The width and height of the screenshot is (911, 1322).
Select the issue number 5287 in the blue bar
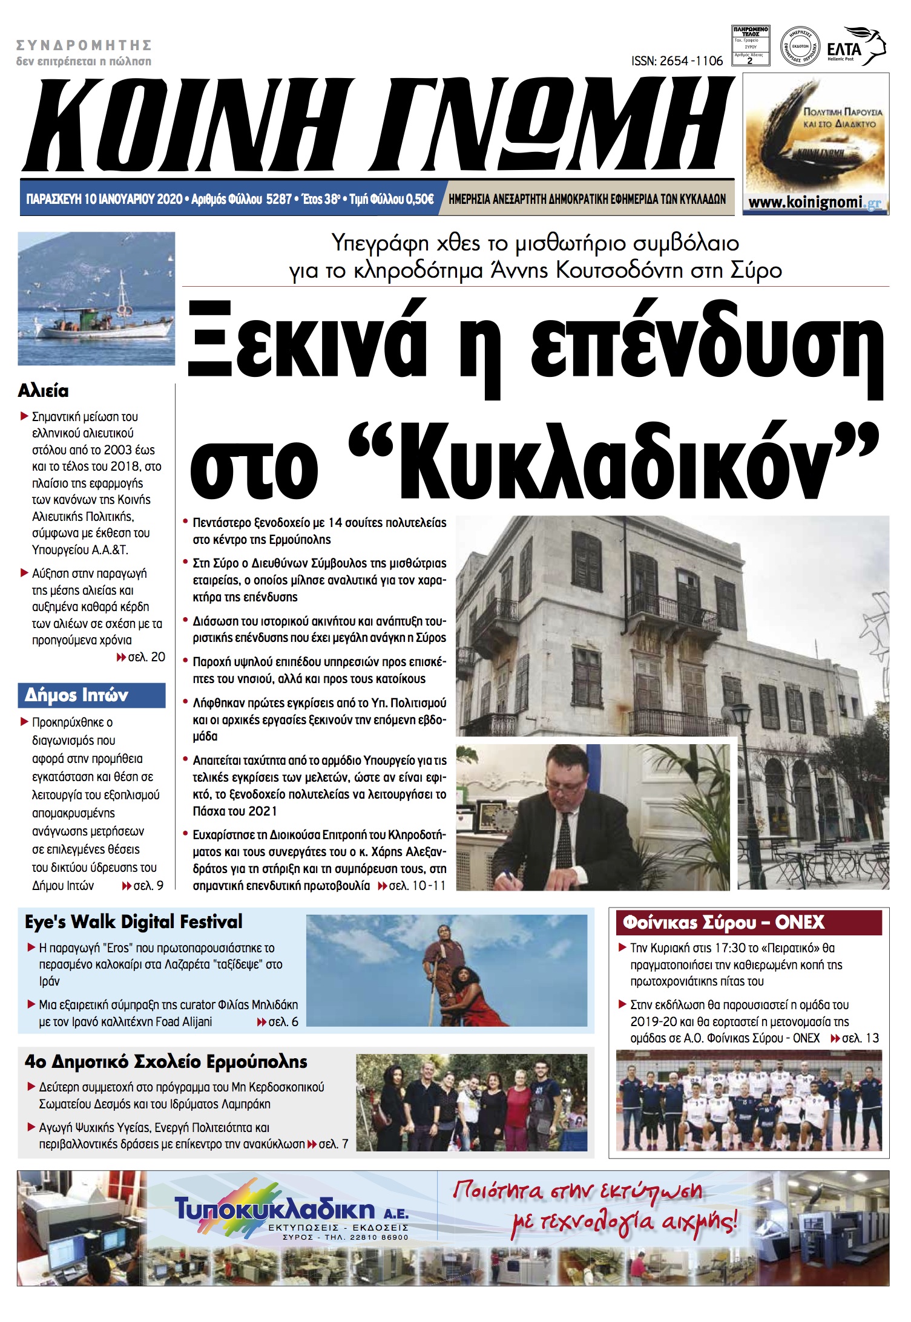[x=278, y=199]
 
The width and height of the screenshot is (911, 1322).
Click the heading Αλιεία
[x=43, y=391]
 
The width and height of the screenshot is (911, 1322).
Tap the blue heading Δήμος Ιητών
[x=76, y=695]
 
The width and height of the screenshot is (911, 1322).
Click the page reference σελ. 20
[x=145, y=657]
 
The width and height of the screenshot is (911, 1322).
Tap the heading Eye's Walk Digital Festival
[x=133, y=921]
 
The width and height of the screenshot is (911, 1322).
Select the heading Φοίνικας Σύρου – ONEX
[x=723, y=922]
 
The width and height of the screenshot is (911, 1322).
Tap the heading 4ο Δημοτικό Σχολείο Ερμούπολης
[x=166, y=1061]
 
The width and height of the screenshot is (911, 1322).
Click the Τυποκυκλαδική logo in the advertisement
[x=275, y=1209]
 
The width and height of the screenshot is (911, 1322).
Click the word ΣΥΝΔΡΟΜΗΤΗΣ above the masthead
[x=84, y=45]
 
